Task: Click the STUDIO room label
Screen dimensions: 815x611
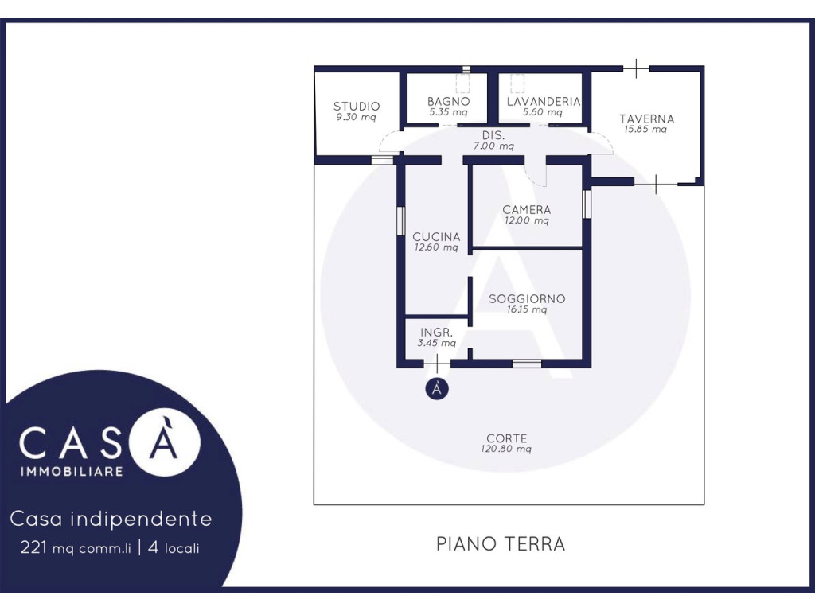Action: tap(357, 106)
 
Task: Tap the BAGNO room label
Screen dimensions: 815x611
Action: tap(449, 101)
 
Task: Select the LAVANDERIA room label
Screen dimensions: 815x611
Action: tap(543, 101)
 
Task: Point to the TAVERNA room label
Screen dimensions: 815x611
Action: tap(646, 119)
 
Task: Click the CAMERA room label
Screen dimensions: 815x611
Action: tap(527, 209)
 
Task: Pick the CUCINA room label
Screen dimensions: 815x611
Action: tap(437, 236)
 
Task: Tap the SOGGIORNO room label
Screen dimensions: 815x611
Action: tap(527, 299)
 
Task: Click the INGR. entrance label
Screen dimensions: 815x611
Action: tap(437, 333)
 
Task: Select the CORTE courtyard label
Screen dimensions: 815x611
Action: tap(507, 438)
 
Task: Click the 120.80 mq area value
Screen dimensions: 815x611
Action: tap(506, 449)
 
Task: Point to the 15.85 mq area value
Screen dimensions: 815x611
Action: tap(645, 130)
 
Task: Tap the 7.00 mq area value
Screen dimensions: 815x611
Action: tap(493, 146)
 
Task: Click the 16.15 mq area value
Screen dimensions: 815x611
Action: tap(527, 309)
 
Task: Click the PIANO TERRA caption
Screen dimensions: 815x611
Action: tap(501, 544)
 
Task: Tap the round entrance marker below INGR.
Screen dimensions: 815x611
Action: tap(437, 388)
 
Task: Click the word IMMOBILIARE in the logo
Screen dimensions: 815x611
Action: tap(72, 472)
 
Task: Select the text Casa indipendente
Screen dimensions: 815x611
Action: tap(111, 519)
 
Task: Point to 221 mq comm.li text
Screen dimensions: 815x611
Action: tap(76, 547)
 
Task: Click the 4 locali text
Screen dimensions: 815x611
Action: tap(174, 547)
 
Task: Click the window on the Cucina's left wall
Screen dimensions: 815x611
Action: tap(401, 222)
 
